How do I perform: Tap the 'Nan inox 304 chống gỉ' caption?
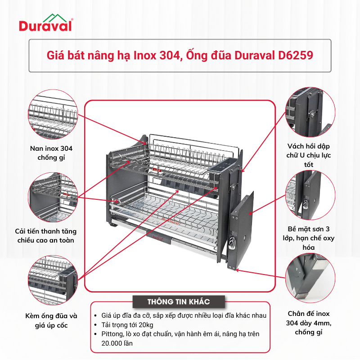51,153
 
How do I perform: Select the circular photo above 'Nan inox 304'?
51,113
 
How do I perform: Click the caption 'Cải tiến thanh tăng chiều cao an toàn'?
51,235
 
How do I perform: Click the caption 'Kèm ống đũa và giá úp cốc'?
51,320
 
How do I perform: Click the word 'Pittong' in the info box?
109,334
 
